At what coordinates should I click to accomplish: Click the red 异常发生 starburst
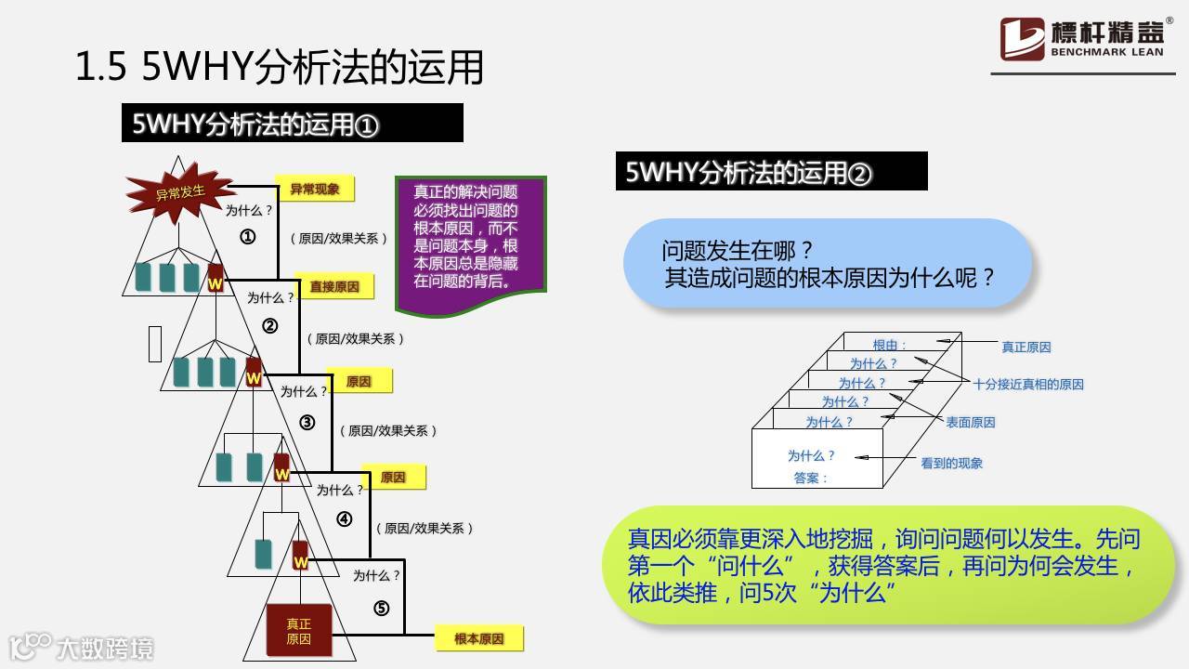[x=180, y=192]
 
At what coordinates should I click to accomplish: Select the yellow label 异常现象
[x=315, y=189]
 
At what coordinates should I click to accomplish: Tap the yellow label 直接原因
[x=334, y=286]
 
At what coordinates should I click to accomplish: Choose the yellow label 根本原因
[x=479, y=639]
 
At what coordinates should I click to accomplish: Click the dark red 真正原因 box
[x=298, y=632]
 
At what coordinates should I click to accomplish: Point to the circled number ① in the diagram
[x=248, y=237]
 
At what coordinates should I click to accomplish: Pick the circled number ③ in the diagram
[x=307, y=423]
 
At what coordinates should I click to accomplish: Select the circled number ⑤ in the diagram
[x=381, y=609]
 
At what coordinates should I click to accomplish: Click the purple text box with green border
[x=470, y=242]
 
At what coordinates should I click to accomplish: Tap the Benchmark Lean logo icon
[x=1022, y=39]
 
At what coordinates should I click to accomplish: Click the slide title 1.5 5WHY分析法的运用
[x=280, y=69]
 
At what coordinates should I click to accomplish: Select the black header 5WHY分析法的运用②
[x=771, y=172]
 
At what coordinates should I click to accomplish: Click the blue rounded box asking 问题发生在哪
[x=828, y=263]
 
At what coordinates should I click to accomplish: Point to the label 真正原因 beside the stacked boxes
[x=1026, y=348]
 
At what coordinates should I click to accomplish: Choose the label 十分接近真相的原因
[x=1028, y=384]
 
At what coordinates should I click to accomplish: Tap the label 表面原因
[x=971, y=422]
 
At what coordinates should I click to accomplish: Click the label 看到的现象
[x=951, y=463]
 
